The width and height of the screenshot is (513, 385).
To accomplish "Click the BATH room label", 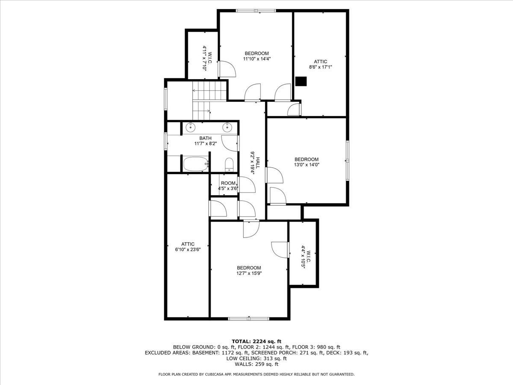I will [x=205, y=138].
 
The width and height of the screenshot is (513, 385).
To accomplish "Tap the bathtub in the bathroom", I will [x=195, y=164].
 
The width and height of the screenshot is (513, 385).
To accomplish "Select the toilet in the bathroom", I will [x=229, y=164].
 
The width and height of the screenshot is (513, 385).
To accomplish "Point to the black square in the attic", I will [x=301, y=81].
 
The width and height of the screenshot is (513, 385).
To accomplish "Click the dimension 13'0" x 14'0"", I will [x=307, y=164].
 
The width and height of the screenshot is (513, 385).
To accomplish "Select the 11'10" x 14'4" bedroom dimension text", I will [x=256, y=59].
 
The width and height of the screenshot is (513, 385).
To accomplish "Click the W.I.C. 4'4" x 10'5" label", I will [x=303, y=256].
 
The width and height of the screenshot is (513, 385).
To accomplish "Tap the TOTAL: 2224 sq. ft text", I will [x=256, y=341].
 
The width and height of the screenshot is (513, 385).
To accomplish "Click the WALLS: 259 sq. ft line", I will [x=256, y=364].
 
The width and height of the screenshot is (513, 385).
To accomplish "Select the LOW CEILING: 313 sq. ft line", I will [x=256, y=358].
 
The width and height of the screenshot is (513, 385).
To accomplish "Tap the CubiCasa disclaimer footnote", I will [x=256, y=374].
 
